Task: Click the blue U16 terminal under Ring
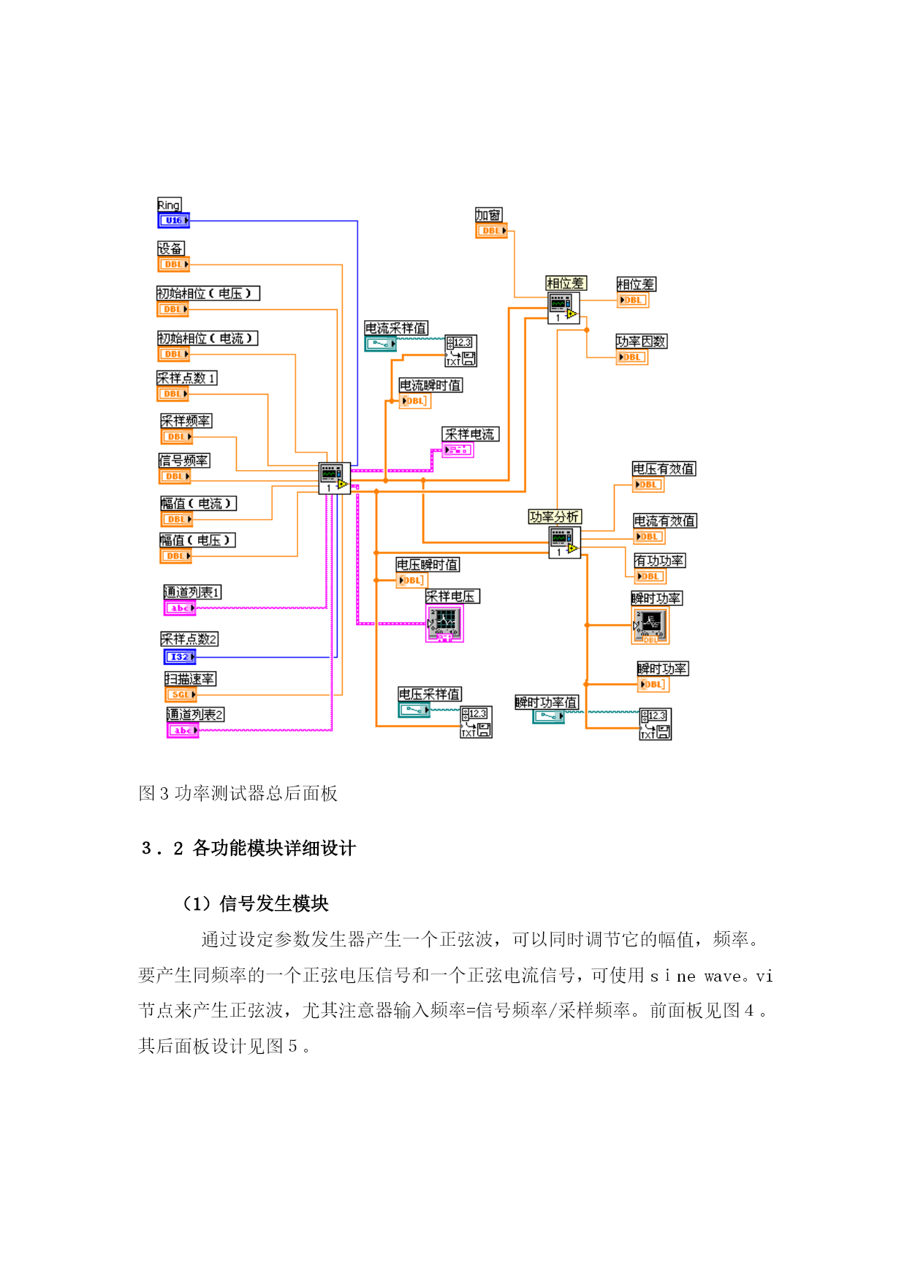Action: pyautogui.click(x=174, y=220)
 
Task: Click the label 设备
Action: pyautogui.click(x=171, y=249)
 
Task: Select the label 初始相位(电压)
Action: pyautogui.click(x=208, y=293)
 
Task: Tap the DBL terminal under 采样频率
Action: pyautogui.click(x=177, y=436)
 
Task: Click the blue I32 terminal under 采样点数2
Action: pyautogui.click(x=180, y=656)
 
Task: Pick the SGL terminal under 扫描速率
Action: pyautogui.click(x=181, y=694)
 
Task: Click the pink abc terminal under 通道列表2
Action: pyautogui.click(x=183, y=730)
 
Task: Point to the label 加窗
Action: pyautogui.click(x=489, y=215)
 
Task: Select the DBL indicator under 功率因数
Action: pyautogui.click(x=632, y=357)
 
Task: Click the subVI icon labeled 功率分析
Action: pyautogui.click(x=565, y=542)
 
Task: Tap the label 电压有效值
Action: pyautogui.click(x=664, y=469)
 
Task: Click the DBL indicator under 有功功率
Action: pyautogui.click(x=650, y=576)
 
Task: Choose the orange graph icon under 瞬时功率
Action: pyautogui.click(x=650, y=626)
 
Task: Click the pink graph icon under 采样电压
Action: pyautogui.click(x=444, y=623)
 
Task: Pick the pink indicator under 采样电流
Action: pyautogui.click(x=458, y=450)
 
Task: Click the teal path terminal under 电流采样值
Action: pyautogui.click(x=381, y=344)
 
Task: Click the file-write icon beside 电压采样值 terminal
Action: pyautogui.click(x=477, y=722)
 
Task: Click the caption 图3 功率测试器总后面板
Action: pyautogui.click(x=238, y=793)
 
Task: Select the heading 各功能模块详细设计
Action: pyautogui.click(x=274, y=848)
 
